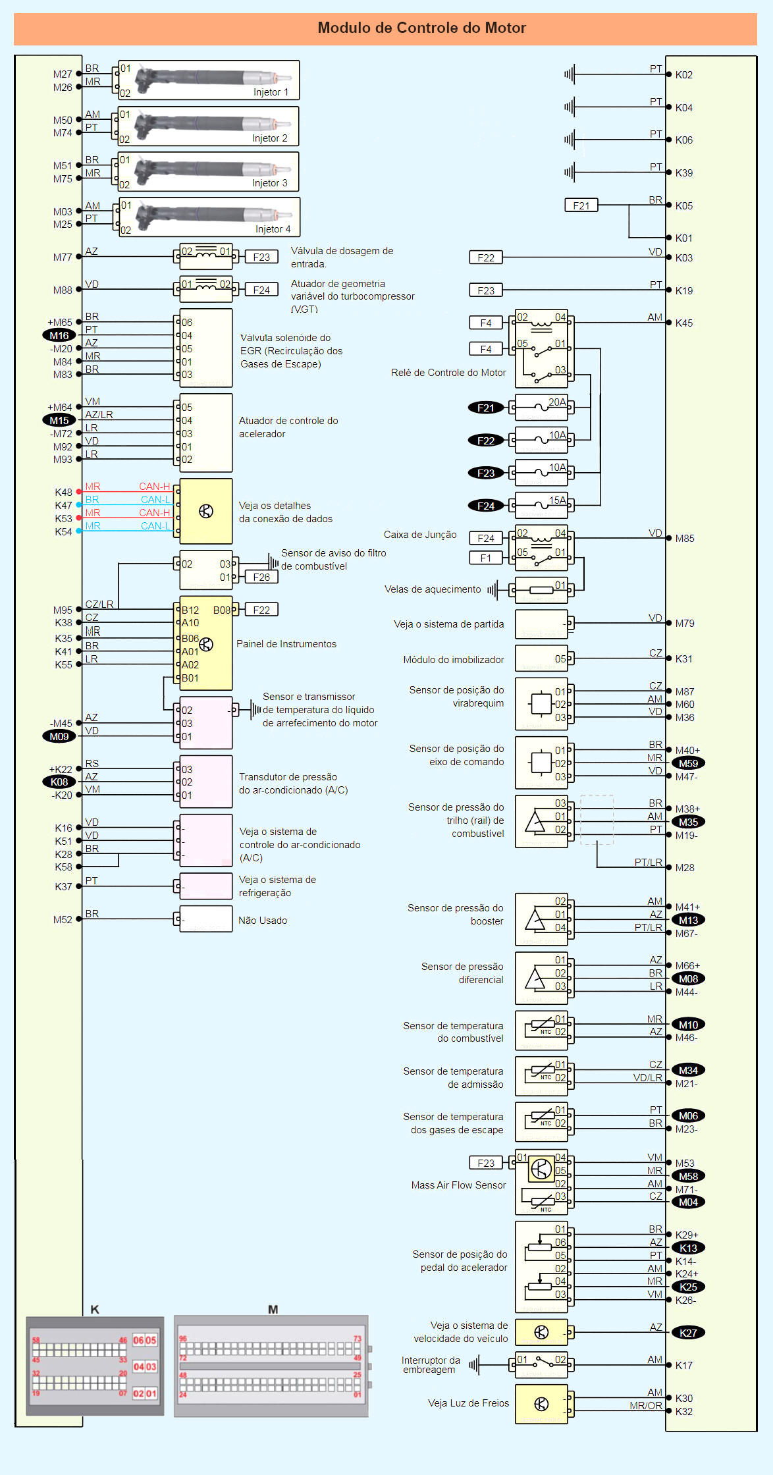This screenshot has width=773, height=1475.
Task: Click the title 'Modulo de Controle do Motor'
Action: click(421, 28)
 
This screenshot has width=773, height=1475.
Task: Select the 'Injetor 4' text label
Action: click(273, 229)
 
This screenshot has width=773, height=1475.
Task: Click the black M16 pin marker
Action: click(59, 336)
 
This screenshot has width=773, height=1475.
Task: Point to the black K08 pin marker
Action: click(59, 782)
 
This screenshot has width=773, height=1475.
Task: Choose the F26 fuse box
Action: click(261, 577)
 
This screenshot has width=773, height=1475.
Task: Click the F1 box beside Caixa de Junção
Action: click(485, 558)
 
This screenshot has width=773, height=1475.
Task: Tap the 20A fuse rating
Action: click(557, 402)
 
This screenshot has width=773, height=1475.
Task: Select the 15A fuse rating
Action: click(558, 500)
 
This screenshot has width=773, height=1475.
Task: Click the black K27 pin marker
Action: click(688, 1333)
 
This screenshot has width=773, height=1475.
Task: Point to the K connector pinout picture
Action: click(95, 1366)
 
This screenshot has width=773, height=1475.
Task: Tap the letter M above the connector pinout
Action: click(273, 1310)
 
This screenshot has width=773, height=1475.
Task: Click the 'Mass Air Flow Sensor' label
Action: click(458, 1185)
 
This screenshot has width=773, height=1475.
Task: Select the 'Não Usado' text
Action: click(263, 921)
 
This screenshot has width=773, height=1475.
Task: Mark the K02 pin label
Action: click(684, 75)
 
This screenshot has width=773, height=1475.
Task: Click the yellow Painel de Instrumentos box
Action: click(206, 644)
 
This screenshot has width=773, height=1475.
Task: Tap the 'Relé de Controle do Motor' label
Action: click(448, 373)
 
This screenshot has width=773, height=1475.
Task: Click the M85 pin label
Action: click(685, 539)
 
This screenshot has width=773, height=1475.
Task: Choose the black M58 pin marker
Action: click(688, 1177)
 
